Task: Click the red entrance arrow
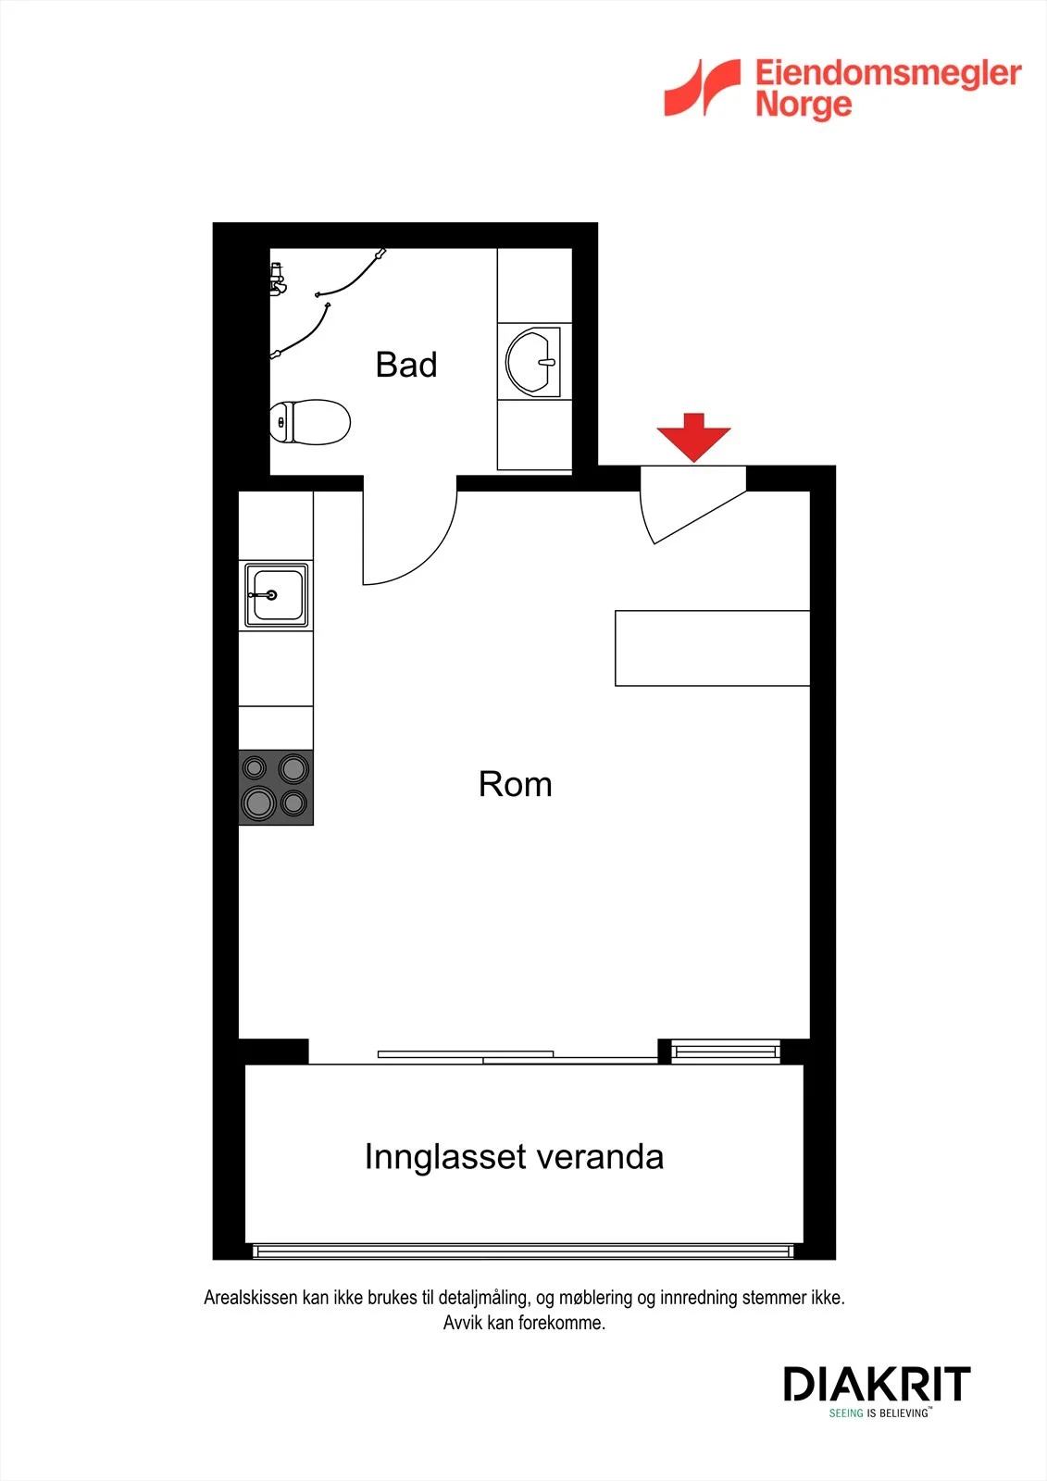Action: point(693,437)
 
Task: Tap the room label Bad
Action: point(406,365)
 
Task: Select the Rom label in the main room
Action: point(516,784)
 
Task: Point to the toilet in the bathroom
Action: point(309,422)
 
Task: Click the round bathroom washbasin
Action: point(533,362)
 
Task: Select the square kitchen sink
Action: point(276,595)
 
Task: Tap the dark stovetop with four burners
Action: point(276,788)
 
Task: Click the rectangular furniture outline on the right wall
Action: point(712,648)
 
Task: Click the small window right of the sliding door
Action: point(726,1051)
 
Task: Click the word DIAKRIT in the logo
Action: point(877,1384)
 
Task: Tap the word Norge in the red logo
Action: point(804,106)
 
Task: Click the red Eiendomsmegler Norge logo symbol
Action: point(703,87)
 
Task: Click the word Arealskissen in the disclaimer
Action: point(251,1298)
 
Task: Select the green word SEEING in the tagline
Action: point(846,1413)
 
